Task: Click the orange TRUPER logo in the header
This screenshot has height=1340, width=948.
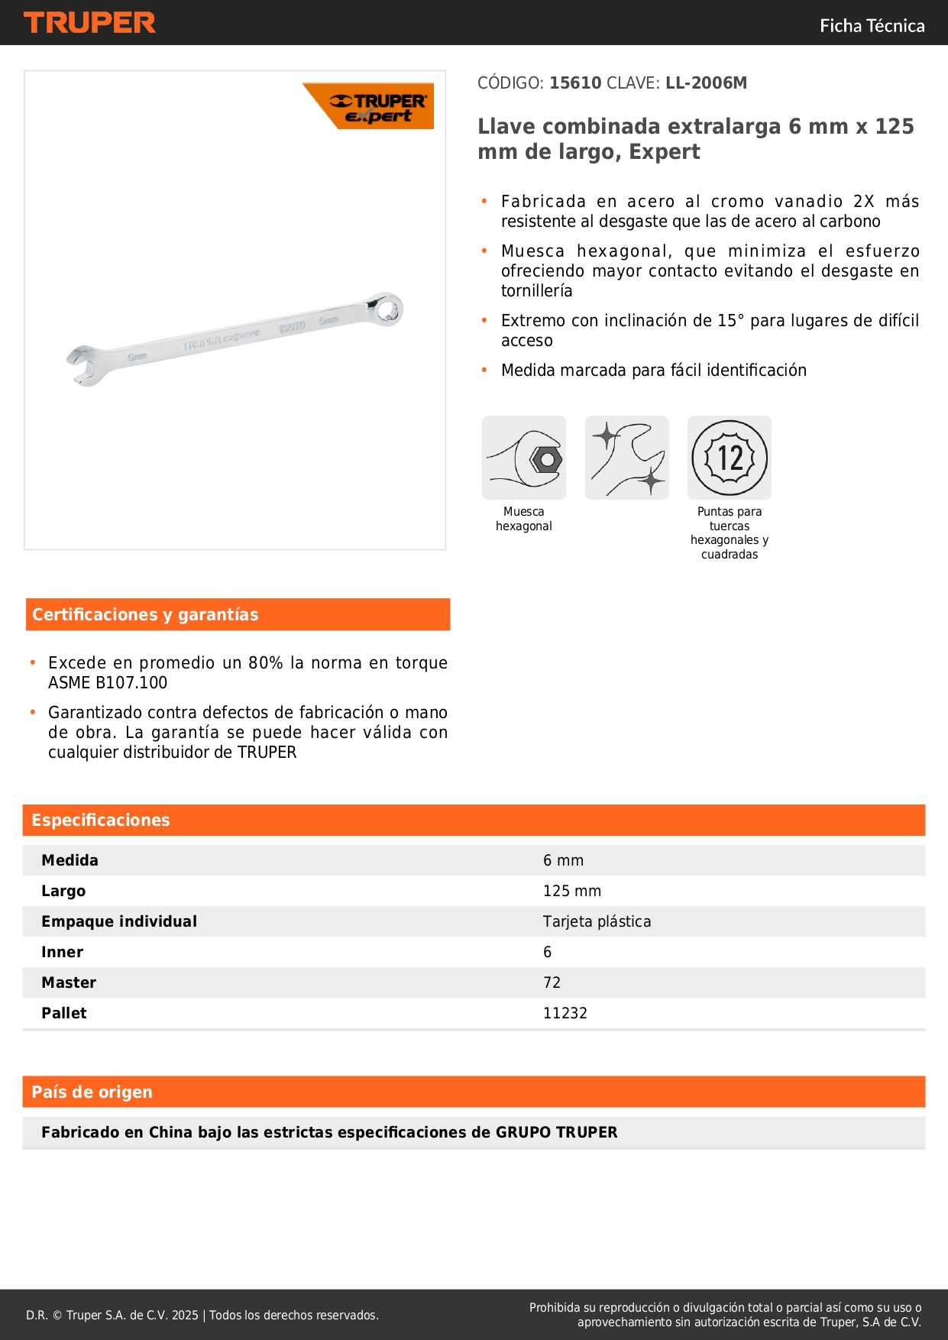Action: pos(89,23)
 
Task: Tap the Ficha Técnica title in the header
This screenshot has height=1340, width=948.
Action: pos(872,26)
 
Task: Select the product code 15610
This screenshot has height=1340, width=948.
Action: pos(575,83)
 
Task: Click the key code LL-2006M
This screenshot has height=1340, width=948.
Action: pos(706,83)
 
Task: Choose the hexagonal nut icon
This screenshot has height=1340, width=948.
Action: pos(524,458)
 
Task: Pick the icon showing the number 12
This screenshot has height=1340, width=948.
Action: pos(730,458)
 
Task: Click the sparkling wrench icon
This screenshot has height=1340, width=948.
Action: pos(627,458)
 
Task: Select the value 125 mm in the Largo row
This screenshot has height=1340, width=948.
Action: pos(572,892)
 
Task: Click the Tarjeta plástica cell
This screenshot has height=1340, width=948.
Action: pos(597,922)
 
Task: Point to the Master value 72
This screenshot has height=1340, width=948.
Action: pos(552,983)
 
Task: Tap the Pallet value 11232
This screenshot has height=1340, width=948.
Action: pos(565,1014)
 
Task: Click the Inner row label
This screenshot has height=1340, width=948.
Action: pos(63,953)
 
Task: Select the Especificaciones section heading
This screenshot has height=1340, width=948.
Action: pos(101,821)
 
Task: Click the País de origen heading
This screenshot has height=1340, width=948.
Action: pos(92,1092)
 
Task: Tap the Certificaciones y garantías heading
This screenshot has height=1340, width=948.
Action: pos(145,615)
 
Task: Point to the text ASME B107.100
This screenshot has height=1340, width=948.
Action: pos(108,683)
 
